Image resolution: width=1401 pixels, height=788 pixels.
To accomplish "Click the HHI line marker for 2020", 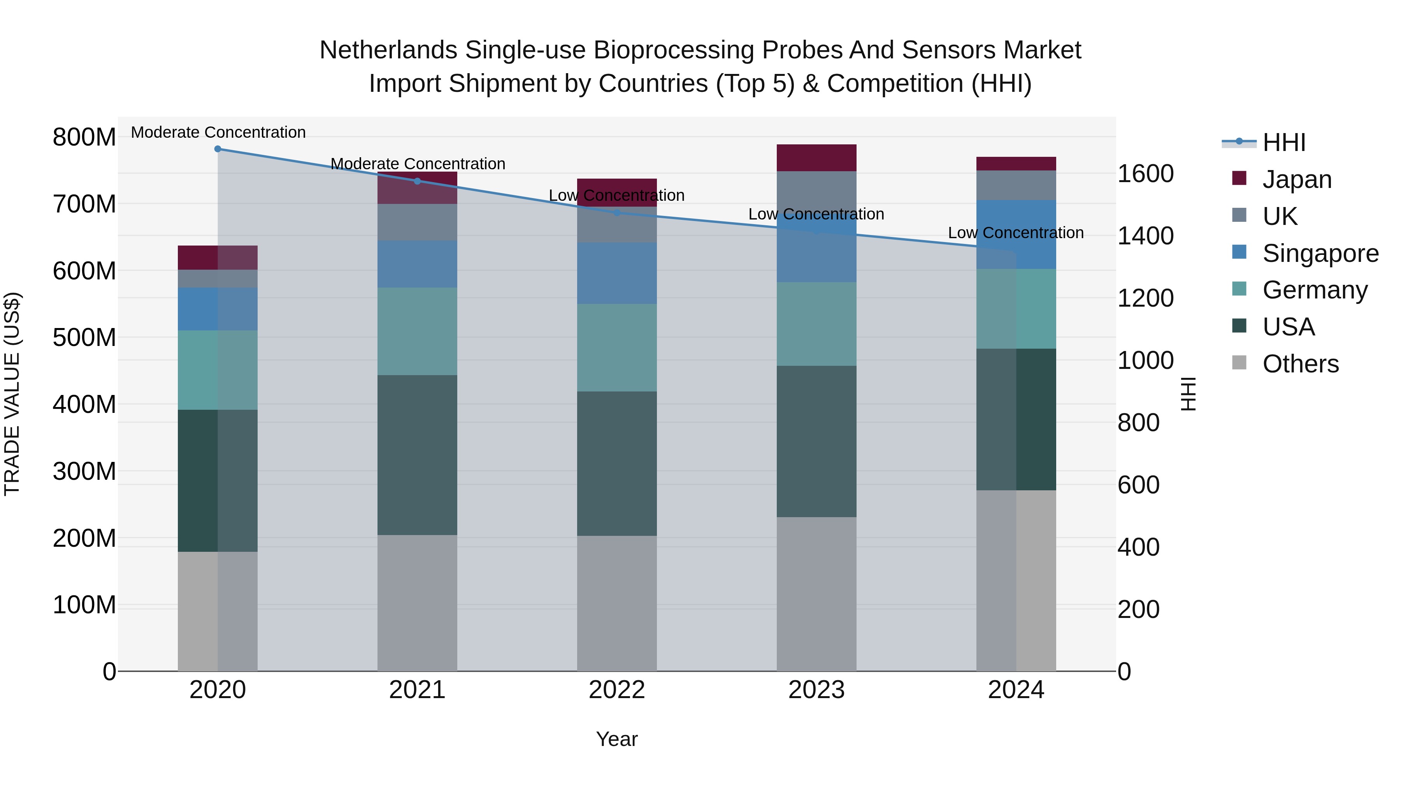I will coord(218,149).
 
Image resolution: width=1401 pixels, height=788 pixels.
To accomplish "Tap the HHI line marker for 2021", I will coord(417,181).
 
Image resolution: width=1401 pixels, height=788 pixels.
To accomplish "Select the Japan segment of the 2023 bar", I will coord(816,158).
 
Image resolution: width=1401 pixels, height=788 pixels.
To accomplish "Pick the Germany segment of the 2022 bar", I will coord(617,347).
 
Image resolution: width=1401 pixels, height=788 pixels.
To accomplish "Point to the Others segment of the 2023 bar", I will coord(816,594).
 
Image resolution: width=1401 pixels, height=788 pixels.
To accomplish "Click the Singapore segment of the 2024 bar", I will coord(1016,234).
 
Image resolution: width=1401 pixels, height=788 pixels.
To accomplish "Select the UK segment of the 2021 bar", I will coord(417,223).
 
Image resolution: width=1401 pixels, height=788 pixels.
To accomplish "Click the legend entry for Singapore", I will coord(1320,253).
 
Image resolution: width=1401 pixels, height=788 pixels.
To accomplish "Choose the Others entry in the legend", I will coord(1300,364).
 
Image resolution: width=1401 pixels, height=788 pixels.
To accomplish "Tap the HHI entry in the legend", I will coord(1283,142).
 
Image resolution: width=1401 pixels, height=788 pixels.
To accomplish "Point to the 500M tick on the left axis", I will coord(84,338).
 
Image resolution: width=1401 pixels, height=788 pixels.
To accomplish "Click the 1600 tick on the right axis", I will coord(1145,174).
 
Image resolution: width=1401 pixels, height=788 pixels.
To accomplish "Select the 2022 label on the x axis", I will coord(617,690).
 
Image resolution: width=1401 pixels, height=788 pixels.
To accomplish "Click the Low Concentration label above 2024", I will coord(1015,233).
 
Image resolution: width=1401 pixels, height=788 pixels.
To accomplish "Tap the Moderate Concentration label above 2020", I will coord(218,132).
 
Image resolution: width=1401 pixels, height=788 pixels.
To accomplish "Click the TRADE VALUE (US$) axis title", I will coord(12,394).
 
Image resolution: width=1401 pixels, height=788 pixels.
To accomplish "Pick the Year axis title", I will coord(617,739).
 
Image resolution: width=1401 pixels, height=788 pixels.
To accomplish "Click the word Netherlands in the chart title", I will coord(388,50).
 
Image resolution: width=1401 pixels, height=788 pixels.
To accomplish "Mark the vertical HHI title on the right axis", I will coord(1189,394).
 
